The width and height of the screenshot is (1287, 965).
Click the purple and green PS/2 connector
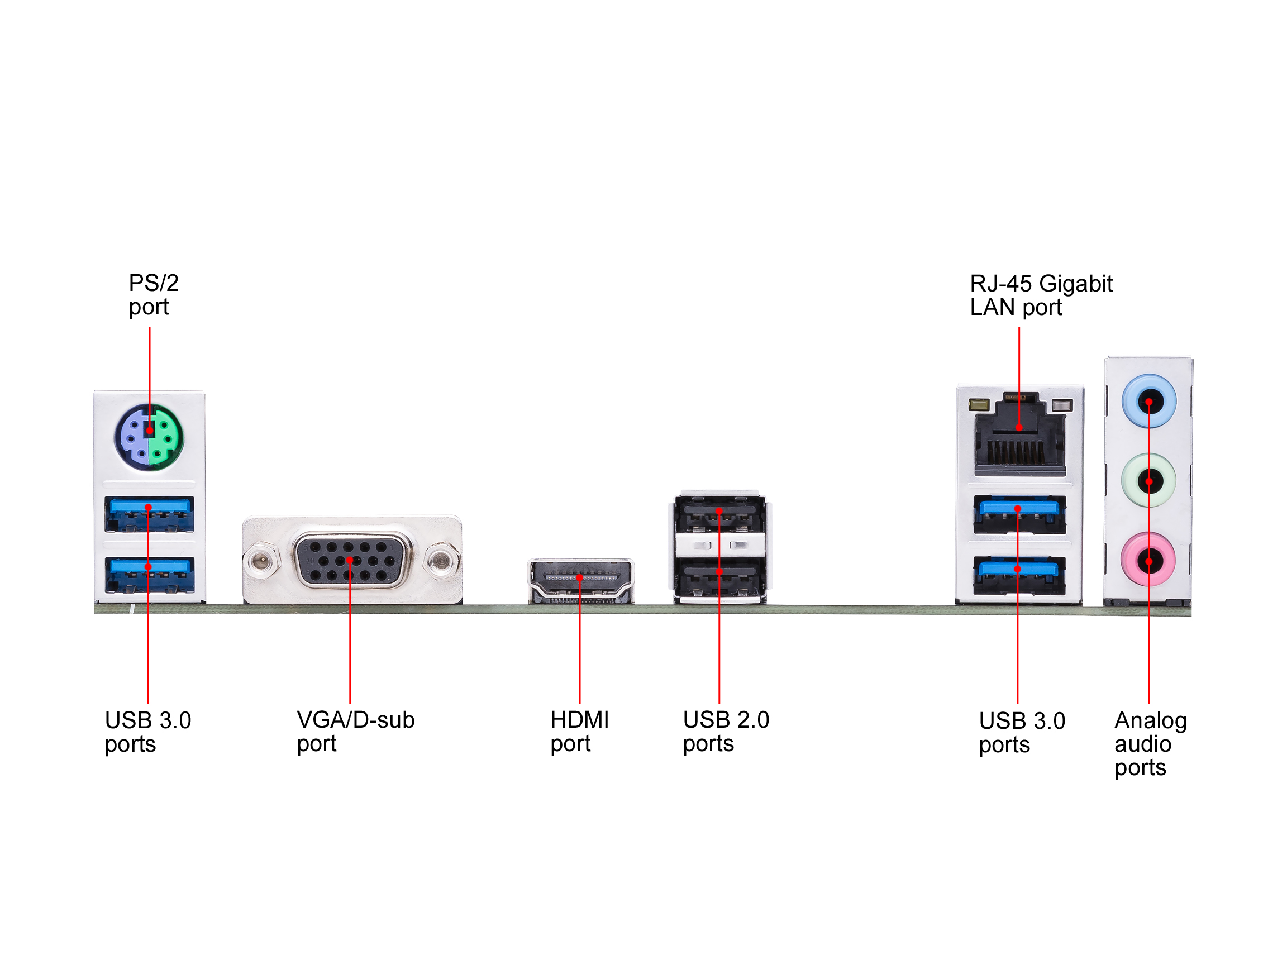click(x=149, y=437)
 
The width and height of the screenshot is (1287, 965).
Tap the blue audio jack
click(x=1148, y=402)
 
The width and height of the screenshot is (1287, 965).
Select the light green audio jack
click(x=1148, y=481)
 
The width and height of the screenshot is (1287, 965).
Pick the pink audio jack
click(x=1148, y=561)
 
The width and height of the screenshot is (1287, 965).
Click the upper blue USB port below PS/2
click(x=149, y=513)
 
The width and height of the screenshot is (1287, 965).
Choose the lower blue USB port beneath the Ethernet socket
click(x=1019, y=574)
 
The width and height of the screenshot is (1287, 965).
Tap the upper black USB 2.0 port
click(x=719, y=513)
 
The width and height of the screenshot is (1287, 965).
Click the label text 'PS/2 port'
click(x=153, y=295)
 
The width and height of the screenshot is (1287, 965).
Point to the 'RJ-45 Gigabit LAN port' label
click(x=1040, y=295)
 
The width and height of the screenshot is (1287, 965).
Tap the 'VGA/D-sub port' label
click(x=355, y=731)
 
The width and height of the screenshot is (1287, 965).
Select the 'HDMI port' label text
click(x=579, y=731)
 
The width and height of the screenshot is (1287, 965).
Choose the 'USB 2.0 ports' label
click(x=726, y=731)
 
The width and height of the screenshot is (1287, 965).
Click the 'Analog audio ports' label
click(x=1150, y=743)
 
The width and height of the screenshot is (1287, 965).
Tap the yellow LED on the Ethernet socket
click(x=979, y=404)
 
